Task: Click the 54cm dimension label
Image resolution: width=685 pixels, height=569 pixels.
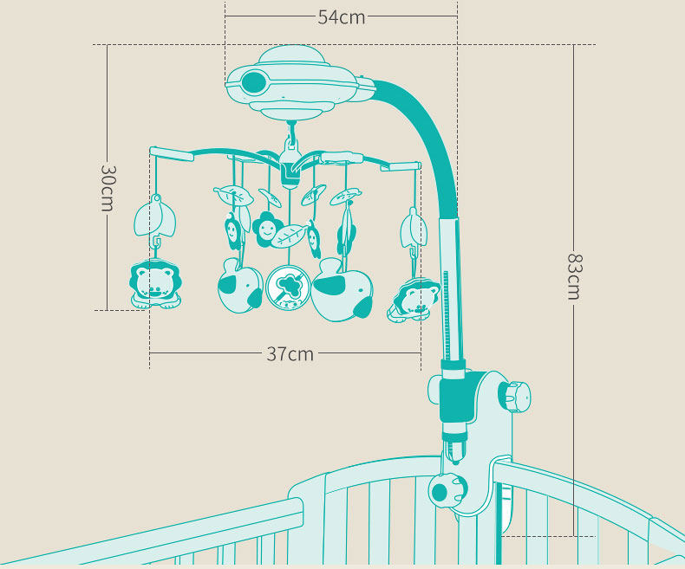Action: (341, 16)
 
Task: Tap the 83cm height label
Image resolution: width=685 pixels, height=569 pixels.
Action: (573, 275)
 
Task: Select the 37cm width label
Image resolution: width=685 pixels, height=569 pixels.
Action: (290, 353)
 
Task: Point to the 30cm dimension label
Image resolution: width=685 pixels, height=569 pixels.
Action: (107, 188)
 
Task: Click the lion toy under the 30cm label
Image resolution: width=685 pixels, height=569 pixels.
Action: (155, 285)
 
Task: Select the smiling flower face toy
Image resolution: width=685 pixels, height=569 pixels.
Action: (266, 228)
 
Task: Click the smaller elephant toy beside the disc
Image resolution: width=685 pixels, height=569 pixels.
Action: (239, 287)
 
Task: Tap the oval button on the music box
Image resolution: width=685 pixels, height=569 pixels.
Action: (254, 83)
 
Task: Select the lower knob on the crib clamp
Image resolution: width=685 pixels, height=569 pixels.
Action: (440, 492)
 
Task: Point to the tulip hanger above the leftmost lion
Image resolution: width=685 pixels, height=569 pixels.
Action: (157, 217)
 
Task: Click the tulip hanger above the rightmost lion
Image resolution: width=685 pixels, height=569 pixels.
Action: (413, 230)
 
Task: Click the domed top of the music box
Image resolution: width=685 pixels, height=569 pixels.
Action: (293, 55)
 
